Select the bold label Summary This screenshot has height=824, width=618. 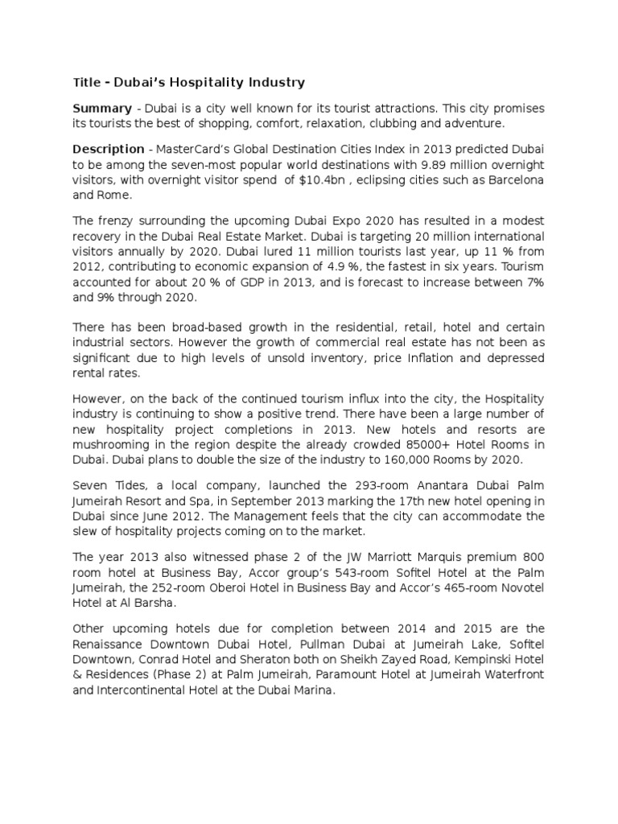point(102,108)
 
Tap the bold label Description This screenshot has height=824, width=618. point(109,149)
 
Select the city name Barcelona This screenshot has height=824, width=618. point(513,179)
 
